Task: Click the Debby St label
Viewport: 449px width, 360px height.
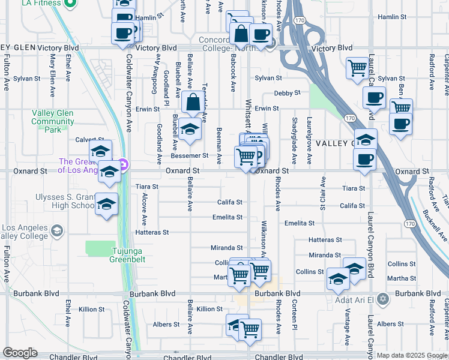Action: point(287,93)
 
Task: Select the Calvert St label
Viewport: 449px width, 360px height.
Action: point(86,140)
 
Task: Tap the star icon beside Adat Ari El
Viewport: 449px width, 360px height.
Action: point(397,298)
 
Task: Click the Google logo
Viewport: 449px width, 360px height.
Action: point(20,353)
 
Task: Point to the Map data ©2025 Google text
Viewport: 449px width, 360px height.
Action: point(412,355)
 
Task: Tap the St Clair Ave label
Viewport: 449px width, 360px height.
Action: point(322,197)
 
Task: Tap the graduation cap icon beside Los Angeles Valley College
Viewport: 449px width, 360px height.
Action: point(56,231)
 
